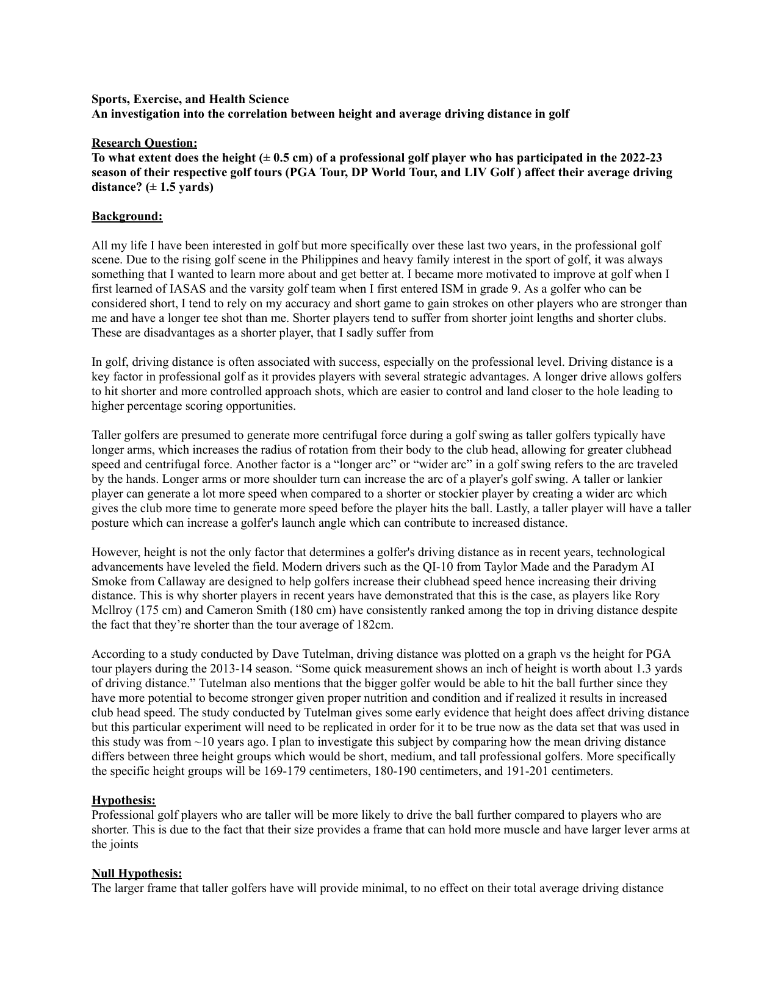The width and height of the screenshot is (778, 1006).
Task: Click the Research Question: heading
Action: tap(144, 143)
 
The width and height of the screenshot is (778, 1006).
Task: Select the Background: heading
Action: tap(127, 216)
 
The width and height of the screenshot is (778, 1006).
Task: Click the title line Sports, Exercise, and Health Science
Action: tap(190, 99)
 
